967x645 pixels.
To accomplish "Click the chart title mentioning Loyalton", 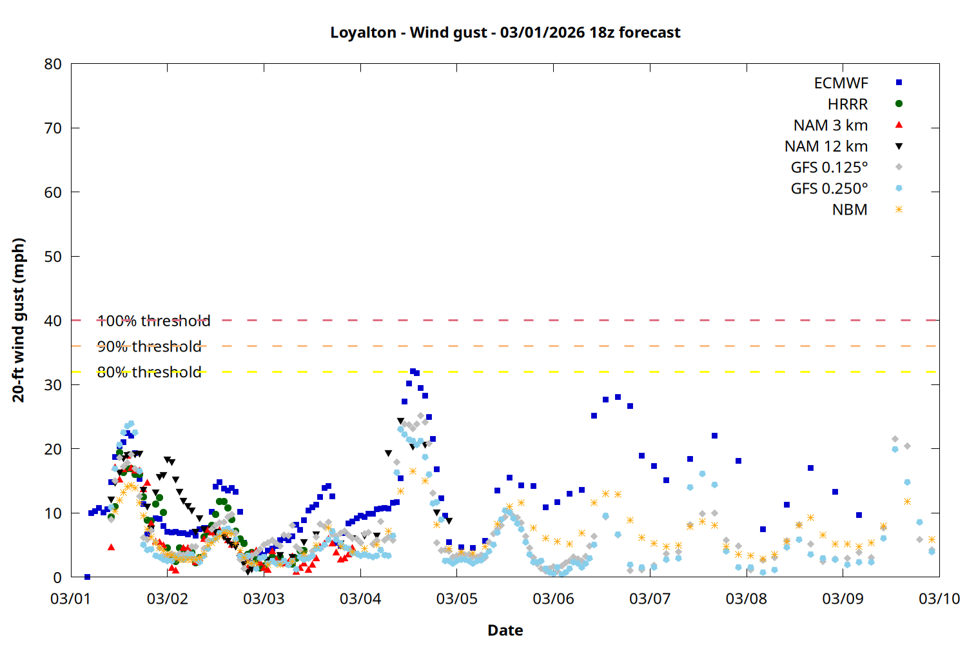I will coord(505,32).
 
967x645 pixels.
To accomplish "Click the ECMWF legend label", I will coord(841,83).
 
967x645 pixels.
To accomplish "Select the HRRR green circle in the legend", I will coord(899,104).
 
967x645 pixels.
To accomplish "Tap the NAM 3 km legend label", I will coord(830,125).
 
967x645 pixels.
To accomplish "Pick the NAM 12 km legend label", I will coord(826,146).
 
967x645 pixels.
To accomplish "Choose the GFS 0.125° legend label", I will coord(829,168).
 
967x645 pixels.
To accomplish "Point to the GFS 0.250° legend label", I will coord(829,188).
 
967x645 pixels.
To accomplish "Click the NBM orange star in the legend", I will coord(899,210).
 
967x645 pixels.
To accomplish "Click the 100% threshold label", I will coord(153,321).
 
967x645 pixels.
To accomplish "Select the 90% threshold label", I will coord(149,346).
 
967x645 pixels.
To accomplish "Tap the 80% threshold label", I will coord(149,372).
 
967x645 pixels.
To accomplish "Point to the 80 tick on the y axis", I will coord(53,64).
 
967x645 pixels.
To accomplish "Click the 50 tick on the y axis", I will coord(53,257).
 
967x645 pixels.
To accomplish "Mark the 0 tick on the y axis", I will coord(57,577).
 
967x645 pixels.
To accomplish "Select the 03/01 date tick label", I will coord(71,599).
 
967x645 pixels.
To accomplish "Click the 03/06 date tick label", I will coord(553,599).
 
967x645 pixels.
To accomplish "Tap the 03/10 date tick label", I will coord(939,599).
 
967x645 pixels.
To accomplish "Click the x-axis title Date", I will coord(505,630).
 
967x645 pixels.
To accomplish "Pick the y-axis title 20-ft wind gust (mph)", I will coord(19,320).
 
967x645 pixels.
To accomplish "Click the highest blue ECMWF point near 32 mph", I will coord(413,372).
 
